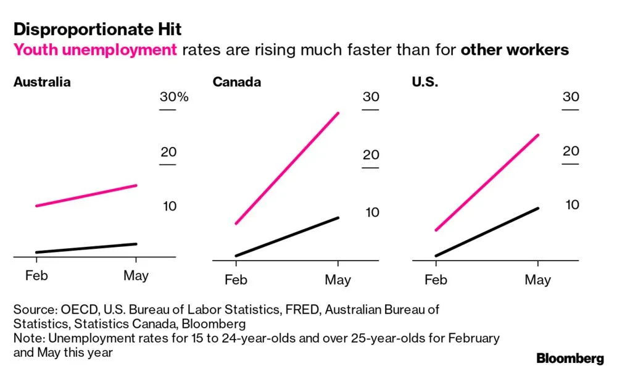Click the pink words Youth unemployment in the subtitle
[x=95, y=50]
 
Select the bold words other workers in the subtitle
[x=515, y=50]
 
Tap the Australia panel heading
[x=42, y=82]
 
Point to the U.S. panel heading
[x=424, y=82]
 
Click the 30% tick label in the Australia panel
[x=173, y=98]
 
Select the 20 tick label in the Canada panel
[x=370, y=154]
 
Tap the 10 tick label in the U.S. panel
[x=572, y=204]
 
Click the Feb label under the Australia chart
[x=36, y=275]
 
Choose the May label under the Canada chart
[x=338, y=280]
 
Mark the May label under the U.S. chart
[x=537, y=280]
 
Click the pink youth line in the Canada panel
[x=287, y=168]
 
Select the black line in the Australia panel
[x=86, y=248]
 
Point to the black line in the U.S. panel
[x=487, y=231]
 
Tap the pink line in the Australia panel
[x=86, y=196]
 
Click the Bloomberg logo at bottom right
[x=569, y=358]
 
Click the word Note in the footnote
[x=27, y=338]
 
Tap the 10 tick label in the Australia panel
[x=170, y=206]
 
